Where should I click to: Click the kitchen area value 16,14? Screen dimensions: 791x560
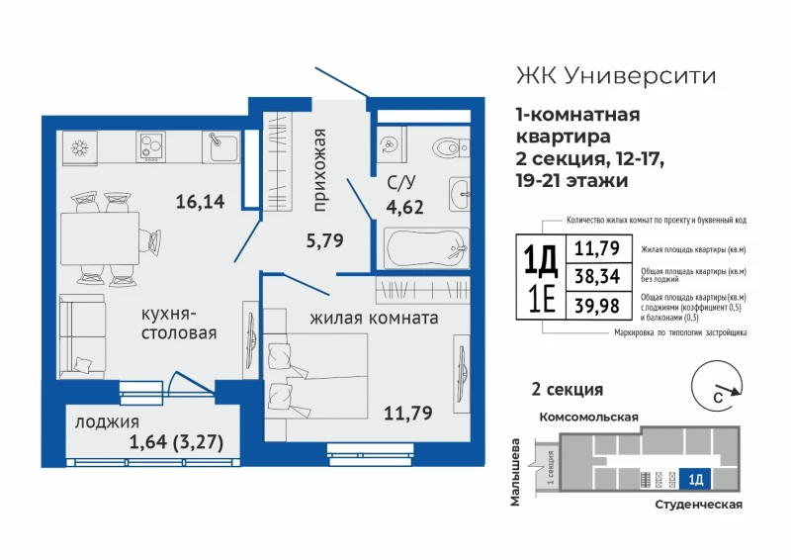pos(201,202)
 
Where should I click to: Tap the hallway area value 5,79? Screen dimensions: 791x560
pos(325,240)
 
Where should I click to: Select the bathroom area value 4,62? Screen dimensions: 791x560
pos(404,207)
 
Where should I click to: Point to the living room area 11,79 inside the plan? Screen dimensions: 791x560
pos(408,413)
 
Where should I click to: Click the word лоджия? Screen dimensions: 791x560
pos(107,422)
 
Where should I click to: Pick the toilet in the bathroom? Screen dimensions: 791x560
pos(451,147)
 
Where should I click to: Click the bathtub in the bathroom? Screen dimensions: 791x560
pos(427,248)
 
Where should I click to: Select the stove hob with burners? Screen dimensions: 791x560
pos(151,146)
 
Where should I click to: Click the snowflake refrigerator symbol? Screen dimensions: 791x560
pos(80,147)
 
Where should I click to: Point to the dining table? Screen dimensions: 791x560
pos(100,238)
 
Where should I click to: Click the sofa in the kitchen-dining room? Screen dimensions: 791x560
pos(82,336)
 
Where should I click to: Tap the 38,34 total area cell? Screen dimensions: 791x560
pos(597,276)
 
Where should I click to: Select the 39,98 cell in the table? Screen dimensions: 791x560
pos(597,306)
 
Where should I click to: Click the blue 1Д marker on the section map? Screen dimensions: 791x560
pos(695,479)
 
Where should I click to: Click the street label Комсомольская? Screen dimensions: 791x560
pos(588,418)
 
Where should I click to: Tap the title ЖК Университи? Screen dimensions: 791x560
pos(616,76)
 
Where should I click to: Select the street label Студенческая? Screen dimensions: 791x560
pos(699,505)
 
